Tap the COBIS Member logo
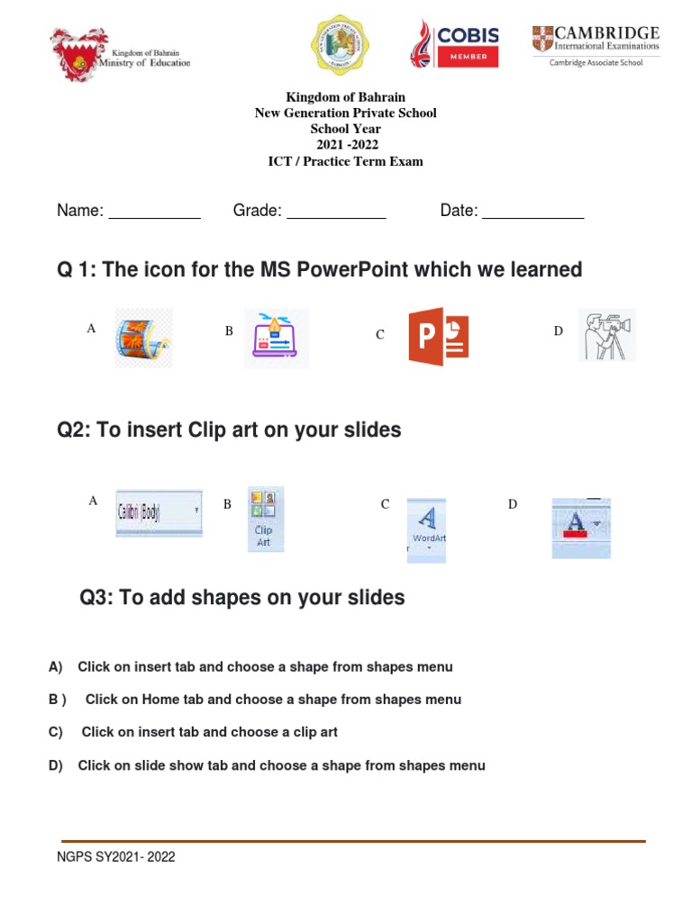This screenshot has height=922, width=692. tap(455, 43)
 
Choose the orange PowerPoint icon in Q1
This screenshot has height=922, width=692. tap(438, 337)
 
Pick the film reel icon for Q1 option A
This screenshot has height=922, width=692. tap(143, 339)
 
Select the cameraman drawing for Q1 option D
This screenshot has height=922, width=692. tap(605, 335)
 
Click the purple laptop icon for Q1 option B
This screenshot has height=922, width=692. tap(276, 338)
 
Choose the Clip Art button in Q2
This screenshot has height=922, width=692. tap(263, 520)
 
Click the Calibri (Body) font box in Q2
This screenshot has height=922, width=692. tap(159, 513)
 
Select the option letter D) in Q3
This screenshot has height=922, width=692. tap(56, 765)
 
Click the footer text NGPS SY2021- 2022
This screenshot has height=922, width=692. tap(115, 857)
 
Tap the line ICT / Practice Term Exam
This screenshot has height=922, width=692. tap(346, 162)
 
